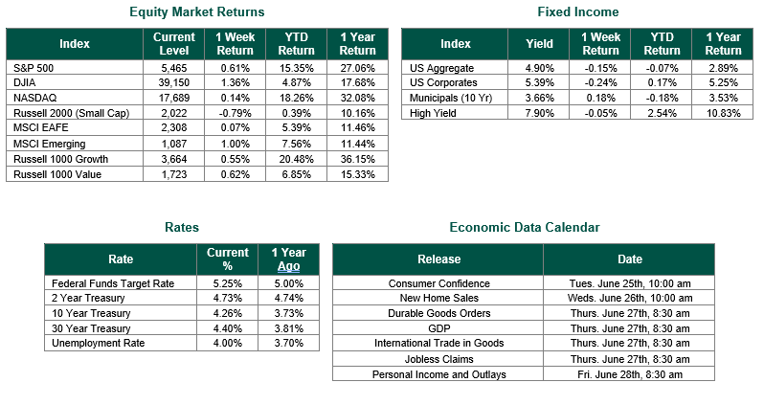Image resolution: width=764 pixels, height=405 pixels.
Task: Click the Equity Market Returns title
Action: pos(197,11)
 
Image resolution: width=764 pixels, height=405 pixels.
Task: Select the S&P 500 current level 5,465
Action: pos(174,68)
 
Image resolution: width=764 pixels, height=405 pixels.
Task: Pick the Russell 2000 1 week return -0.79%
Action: pos(235,113)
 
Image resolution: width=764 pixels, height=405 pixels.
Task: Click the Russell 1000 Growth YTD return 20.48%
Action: pos(296,159)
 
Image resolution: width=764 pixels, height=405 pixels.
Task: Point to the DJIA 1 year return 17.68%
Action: pos(358,82)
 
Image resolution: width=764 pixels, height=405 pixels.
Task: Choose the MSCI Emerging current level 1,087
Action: pos(174,144)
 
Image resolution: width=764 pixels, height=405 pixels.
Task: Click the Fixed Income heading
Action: pos(578,11)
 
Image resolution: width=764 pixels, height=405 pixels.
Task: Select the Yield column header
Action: pos(539,44)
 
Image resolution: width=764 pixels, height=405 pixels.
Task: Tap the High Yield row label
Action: pos(433,113)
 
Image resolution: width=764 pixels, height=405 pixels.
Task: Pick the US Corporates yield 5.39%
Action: pos(539,82)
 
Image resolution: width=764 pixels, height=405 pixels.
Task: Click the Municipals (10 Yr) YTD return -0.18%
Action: pos(662,98)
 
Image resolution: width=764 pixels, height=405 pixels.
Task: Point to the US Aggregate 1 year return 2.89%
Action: pos(723,68)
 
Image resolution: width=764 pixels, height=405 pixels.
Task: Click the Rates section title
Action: pos(182,227)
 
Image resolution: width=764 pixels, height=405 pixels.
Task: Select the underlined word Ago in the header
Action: pos(288,266)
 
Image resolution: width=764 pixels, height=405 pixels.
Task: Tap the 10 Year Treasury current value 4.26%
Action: pos(228,313)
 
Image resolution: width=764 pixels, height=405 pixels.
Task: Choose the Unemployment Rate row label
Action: pos(98,343)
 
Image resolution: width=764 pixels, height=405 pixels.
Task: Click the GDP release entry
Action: pos(439,328)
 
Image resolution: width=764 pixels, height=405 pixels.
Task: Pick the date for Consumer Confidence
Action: pos(630,283)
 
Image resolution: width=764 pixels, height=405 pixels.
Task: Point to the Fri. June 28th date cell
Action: pos(630,374)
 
